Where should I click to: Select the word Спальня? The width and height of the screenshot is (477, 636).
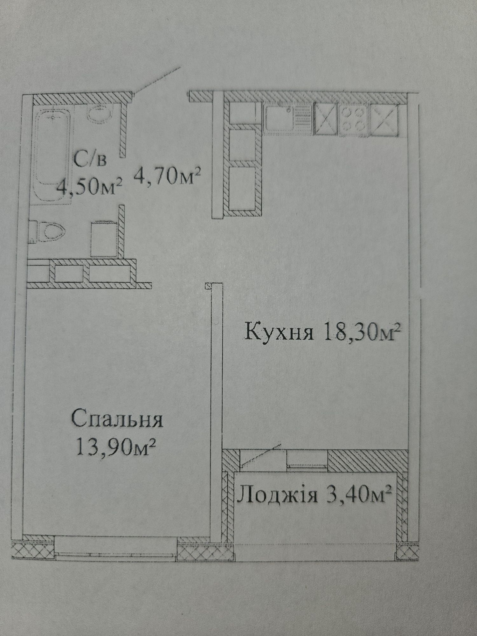point(117,419)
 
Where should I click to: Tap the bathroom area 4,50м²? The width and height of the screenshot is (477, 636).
point(89,187)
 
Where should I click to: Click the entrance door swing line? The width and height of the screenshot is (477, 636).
point(157,80)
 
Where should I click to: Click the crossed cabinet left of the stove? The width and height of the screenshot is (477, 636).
point(326,119)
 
